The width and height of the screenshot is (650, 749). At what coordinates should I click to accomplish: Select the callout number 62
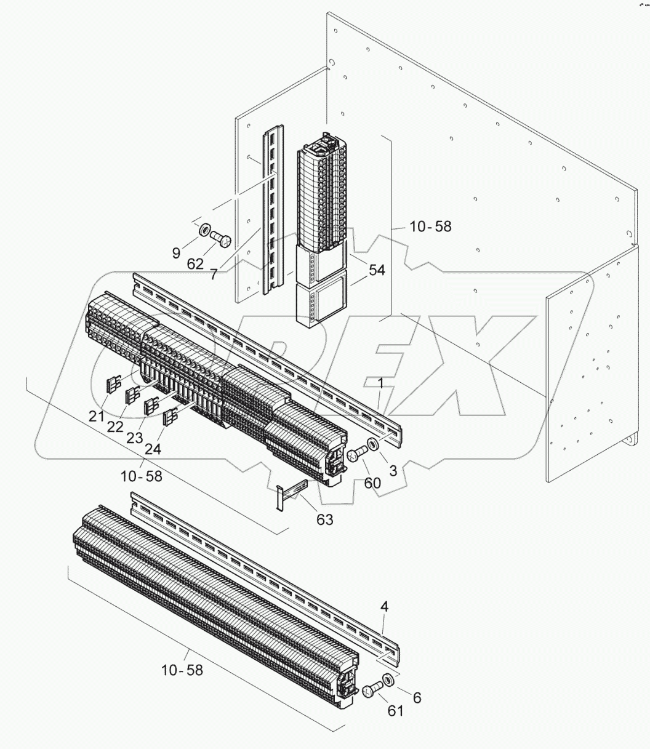195,264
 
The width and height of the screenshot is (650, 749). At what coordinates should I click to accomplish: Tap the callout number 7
213,274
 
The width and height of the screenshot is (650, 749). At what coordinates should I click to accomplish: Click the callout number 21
96,417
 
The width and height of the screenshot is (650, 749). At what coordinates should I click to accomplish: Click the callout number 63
324,519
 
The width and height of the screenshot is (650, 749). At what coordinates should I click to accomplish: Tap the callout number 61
395,711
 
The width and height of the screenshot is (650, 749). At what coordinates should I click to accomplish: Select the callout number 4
384,606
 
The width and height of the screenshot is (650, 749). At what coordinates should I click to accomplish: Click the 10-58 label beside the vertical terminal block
430,226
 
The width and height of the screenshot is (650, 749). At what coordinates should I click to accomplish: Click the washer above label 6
390,681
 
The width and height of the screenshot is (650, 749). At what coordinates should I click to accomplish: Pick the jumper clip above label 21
114,385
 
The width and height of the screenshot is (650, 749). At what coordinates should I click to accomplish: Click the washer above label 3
372,445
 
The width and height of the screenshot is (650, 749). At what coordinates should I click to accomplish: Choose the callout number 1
381,383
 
